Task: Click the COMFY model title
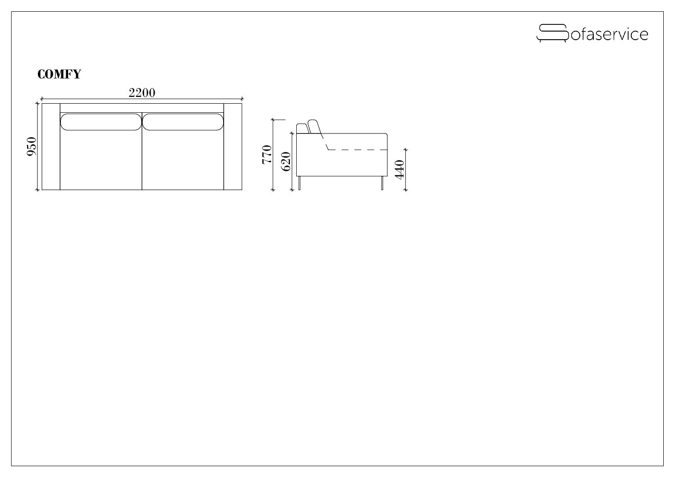(x=59, y=74)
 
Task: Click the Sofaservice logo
(x=592, y=33)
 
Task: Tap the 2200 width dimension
(x=142, y=93)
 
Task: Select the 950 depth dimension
(x=32, y=147)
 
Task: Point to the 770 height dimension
(x=267, y=155)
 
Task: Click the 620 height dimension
(x=286, y=161)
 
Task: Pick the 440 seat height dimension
(x=399, y=170)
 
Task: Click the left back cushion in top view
(x=101, y=122)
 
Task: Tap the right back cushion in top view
(x=183, y=122)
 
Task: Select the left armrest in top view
(x=51, y=147)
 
